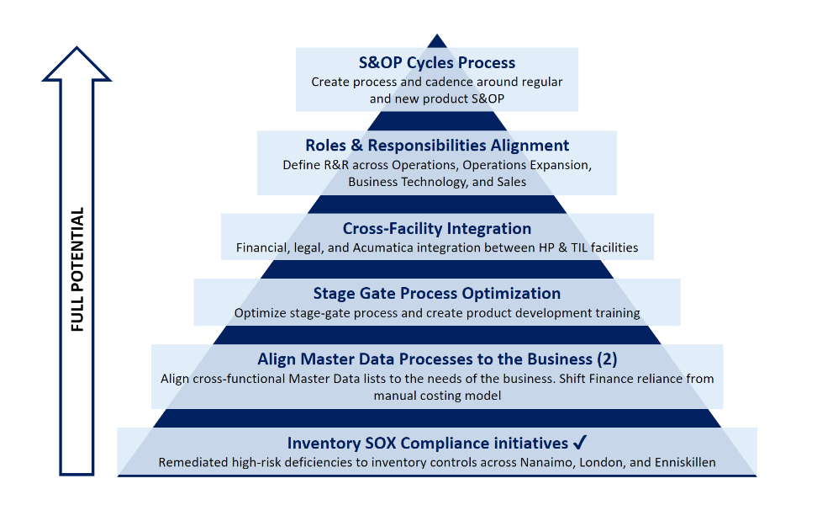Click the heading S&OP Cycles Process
[x=436, y=62]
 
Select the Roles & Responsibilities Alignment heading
[x=436, y=145]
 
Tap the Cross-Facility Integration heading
[x=436, y=228]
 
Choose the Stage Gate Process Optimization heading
[x=436, y=293]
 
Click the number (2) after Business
[x=607, y=359]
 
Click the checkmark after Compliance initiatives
[x=579, y=443]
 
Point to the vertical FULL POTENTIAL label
[x=77, y=269]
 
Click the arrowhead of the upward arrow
[x=76, y=64]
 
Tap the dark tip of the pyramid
[x=436, y=41]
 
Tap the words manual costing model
[x=437, y=396]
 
